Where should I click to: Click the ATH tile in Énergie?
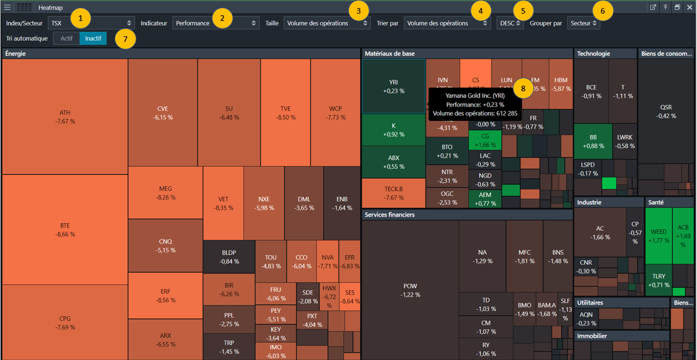click(65, 117)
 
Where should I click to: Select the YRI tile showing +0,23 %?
click(393, 86)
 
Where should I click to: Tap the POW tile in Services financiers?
click(410, 290)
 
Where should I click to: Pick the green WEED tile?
click(658, 236)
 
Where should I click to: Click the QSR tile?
click(665, 111)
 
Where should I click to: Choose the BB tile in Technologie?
click(593, 142)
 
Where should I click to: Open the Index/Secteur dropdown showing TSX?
click(91, 23)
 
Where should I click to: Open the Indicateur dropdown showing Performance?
click(216, 23)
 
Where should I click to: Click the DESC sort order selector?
click(510, 23)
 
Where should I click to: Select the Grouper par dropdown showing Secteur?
click(583, 23)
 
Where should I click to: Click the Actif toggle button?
click(66, 39)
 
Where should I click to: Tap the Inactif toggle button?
click(93, 39)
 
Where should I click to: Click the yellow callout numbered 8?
click(523, 87)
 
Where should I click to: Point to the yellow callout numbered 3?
click(358, 10)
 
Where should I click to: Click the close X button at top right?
click(689, 8)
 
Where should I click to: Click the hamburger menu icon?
click(7, 8)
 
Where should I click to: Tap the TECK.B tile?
click(393, 193)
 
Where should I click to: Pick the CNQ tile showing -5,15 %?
click(165, 245)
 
